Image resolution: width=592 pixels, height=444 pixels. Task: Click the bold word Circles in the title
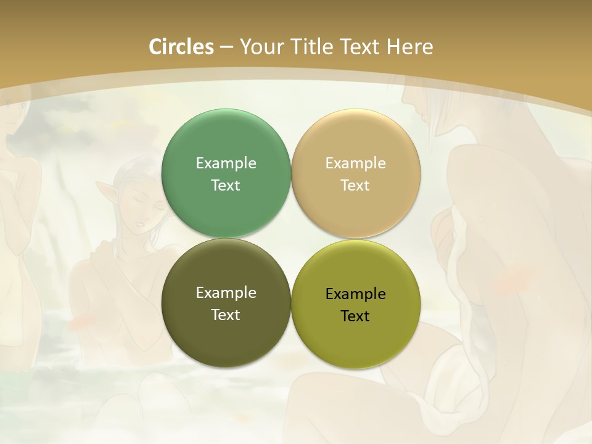181,47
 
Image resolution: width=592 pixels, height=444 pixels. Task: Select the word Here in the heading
410,47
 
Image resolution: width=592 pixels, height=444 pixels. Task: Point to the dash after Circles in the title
226,47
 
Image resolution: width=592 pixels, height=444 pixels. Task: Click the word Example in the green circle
226,163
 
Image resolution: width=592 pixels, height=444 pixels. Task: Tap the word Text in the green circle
226,185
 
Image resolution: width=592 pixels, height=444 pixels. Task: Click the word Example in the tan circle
356,163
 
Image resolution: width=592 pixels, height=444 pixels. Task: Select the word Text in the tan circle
356,185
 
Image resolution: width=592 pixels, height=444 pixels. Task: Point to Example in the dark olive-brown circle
226,293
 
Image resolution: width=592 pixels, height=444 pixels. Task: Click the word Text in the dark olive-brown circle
226,314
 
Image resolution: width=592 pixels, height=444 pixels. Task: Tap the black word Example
356,294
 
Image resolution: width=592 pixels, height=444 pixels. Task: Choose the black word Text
356,316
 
